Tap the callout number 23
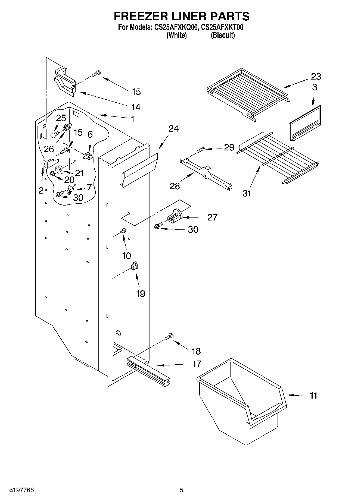pos(316,77)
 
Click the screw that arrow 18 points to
pos(169,336)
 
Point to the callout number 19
pos(140,293)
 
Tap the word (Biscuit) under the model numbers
pos(223,35)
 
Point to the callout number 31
pos(247,193)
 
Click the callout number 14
pos(136,107)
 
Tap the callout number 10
pos(126,255)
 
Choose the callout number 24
pos(173,128)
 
